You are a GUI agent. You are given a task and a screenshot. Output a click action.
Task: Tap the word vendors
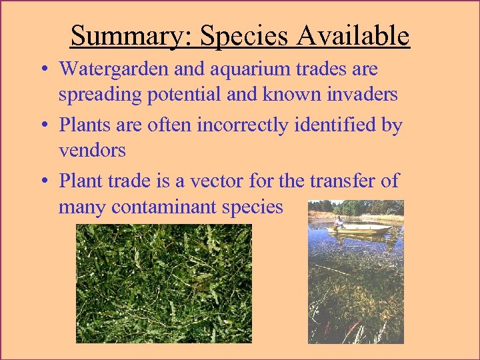(92, 150)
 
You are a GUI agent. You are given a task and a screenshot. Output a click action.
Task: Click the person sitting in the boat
(339, 223)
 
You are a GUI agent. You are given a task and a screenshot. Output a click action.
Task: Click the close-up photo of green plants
(164, 283)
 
